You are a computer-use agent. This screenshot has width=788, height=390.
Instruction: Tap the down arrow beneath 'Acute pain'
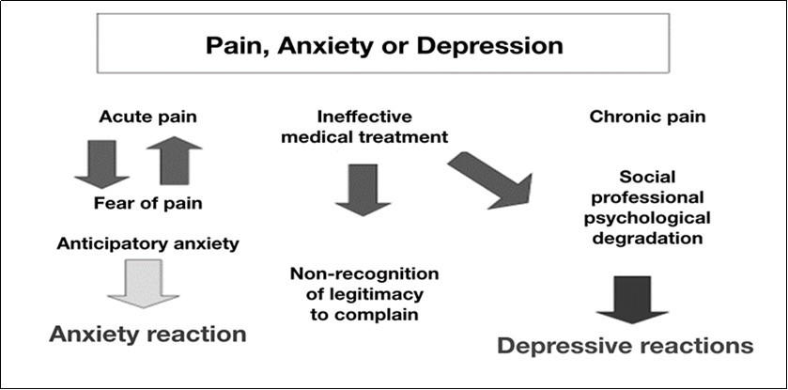[101, 163]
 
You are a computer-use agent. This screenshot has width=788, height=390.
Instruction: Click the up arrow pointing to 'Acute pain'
[174, 160]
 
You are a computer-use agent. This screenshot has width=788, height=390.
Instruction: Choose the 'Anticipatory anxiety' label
[147, 243]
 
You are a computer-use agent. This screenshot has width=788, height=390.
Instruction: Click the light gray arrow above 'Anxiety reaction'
[143, 286]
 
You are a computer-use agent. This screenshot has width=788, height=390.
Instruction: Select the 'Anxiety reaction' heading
[148, 335]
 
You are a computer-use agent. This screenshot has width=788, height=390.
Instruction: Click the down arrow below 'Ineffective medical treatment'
[362, 188]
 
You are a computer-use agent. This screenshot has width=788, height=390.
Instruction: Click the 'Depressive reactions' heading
[625, 346]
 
